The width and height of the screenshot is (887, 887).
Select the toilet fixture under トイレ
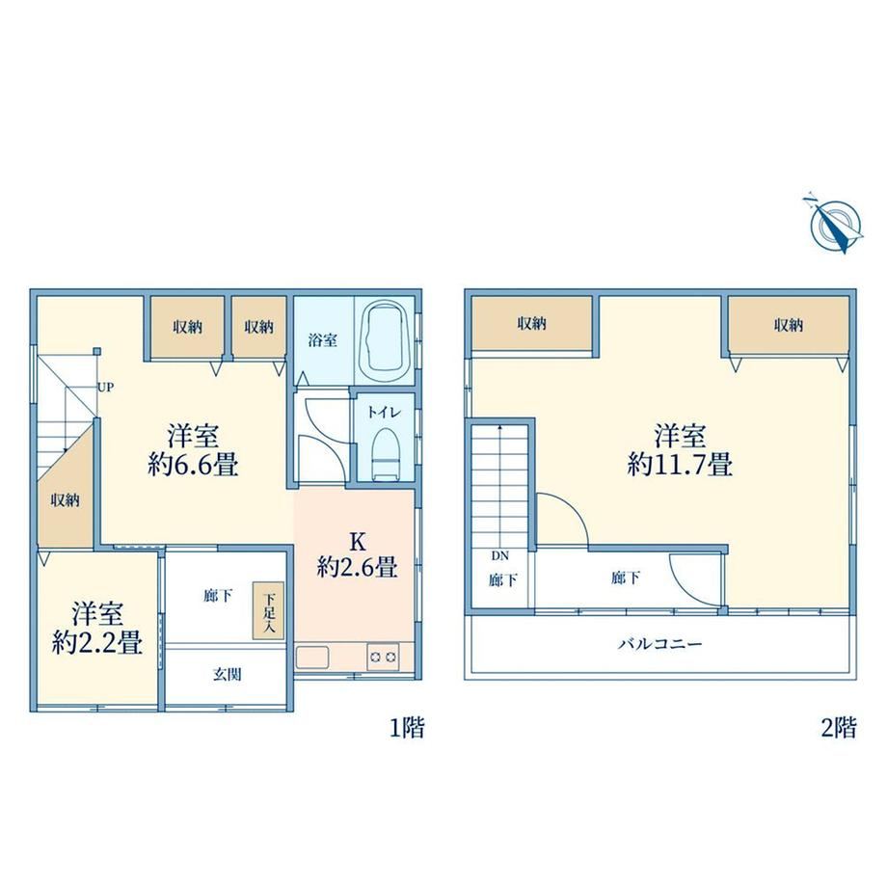pos(386,454)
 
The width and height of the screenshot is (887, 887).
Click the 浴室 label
pos(323,340)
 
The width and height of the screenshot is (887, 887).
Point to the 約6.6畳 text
pos(193,465)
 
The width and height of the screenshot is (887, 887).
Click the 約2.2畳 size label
pos(97,642)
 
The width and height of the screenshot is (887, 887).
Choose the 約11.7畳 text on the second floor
pos(680,465)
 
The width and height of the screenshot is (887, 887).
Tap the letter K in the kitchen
pos(358,542)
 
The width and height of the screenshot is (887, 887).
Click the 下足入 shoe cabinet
pos(268,612)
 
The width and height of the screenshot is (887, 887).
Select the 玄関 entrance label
pos(228,674)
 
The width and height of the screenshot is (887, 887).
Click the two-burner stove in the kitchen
pos(383,657)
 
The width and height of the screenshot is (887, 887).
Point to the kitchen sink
pos(312,658)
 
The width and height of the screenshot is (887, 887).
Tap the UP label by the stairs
pos(106,388)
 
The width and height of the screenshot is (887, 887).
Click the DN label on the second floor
pos(500,556)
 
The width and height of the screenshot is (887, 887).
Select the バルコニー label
pos(660,644)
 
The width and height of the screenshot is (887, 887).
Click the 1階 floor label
pos(407,728)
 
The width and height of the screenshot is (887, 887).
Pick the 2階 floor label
pos(839,728)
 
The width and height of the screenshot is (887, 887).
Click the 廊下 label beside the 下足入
pos(218,596)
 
